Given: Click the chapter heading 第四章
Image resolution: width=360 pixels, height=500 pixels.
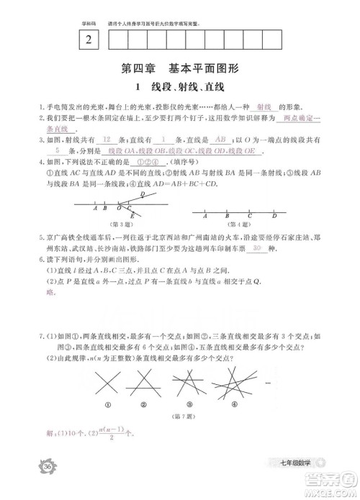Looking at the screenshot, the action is (138, 70).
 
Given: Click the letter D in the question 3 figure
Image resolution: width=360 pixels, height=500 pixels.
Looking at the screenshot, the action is (142, 194).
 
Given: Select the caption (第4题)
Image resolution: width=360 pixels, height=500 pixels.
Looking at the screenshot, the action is (240, 222).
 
